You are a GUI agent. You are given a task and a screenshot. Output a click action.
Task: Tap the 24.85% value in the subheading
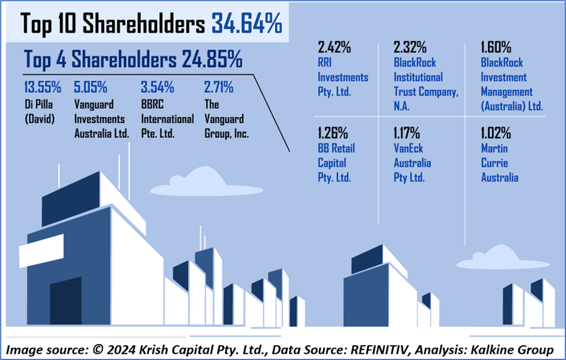pos(212,59)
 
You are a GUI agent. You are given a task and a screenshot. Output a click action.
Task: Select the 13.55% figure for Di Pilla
pos(42,88)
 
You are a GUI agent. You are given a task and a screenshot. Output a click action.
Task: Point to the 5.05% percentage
pos(90,88)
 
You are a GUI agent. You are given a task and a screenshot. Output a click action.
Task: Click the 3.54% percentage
pos(158,88)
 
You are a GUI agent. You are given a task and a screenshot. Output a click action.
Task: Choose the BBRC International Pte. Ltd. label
pos(167,119)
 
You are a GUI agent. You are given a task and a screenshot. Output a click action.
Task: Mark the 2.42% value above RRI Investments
pos(334,47)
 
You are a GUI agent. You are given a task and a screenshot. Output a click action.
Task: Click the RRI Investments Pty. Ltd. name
pos(343,77)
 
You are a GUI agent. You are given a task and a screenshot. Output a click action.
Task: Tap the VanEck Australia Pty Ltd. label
pos(413,163)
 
